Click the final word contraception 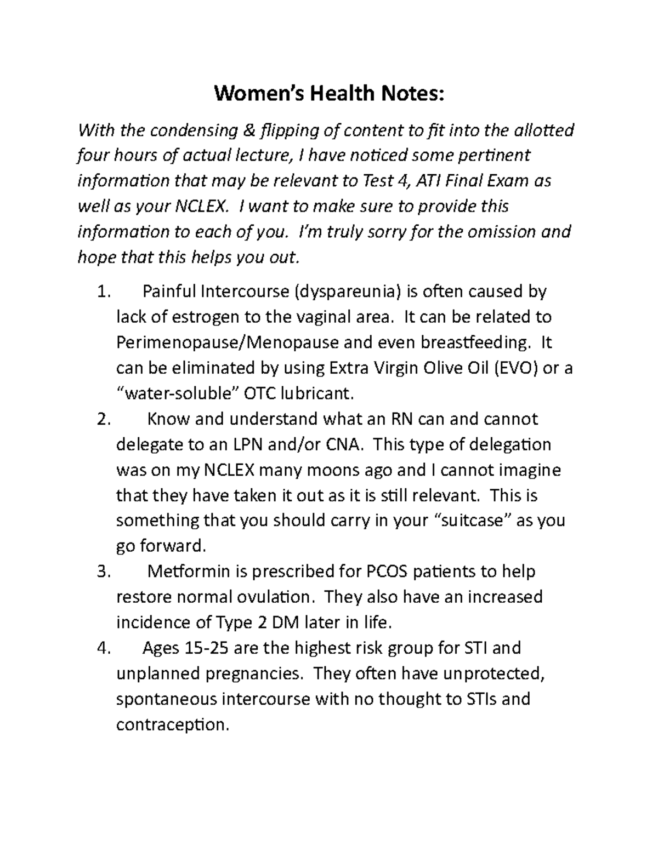click(171, 724)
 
